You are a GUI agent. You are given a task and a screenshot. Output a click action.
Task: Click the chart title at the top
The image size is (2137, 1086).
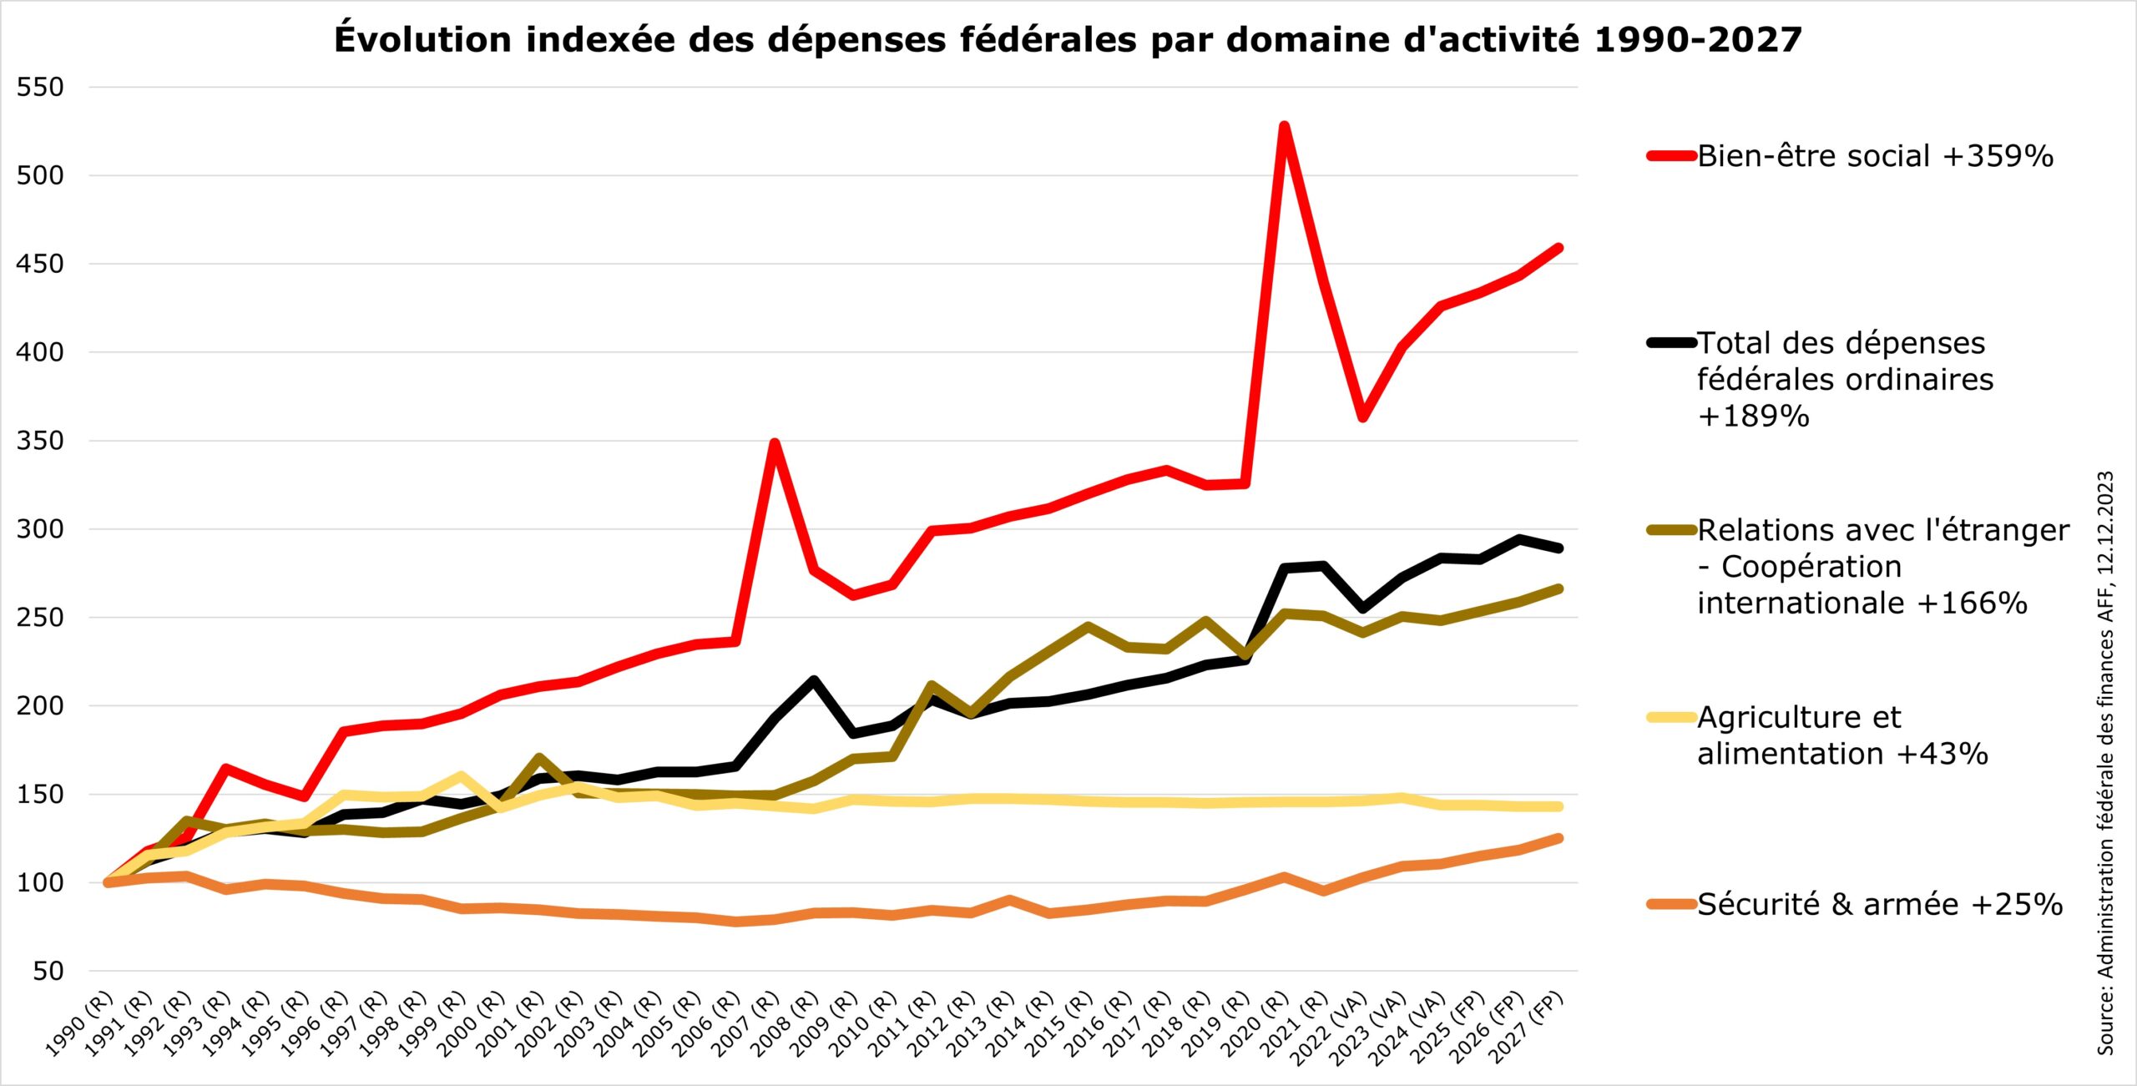tap(1068, 39)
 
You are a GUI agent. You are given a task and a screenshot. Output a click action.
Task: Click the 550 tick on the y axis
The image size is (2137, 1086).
tap(40, 87)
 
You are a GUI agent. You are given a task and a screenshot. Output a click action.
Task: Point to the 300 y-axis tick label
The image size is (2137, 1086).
tap(40, 529)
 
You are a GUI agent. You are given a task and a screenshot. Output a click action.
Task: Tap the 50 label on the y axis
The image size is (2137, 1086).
tap(48, 971)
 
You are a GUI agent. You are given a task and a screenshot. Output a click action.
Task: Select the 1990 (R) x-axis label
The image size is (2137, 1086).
tap(79, 1024)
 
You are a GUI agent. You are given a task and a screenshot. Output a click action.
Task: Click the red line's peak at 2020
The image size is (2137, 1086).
tap(1285, 126)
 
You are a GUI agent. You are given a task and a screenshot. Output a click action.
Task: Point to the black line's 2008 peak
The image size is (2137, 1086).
tap(813, 680)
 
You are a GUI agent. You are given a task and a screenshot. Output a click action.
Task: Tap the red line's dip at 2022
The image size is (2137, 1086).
tap(1362, 417)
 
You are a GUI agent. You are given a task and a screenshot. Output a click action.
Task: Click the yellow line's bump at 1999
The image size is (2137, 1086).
tap(461, 775)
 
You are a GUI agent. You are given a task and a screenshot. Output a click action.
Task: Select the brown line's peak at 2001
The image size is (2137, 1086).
tap(539, 758)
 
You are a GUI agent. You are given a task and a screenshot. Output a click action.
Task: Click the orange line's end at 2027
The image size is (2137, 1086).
tap(1559, 838)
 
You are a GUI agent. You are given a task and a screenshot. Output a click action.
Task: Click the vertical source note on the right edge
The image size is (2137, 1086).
tap(2105, 763)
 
